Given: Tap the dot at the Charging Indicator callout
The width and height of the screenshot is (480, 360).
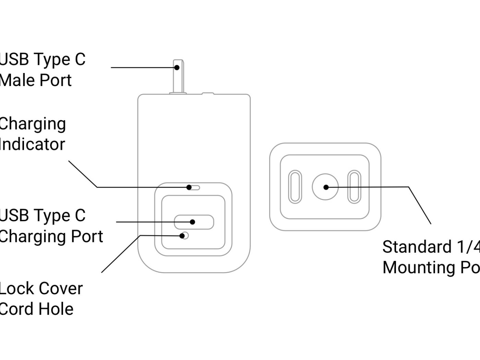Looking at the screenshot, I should (x=189, y=187).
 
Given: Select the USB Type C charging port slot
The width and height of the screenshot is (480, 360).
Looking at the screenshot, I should (x=194, y=222).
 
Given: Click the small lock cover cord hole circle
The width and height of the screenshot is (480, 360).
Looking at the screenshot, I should (x=185, y=236).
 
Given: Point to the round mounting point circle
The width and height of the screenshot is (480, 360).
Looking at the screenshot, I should (x=325, y=187).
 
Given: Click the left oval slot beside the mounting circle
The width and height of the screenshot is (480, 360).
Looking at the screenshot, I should (x=296, y=187).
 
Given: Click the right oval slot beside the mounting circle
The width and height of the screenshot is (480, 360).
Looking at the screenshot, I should (x=355, y=187).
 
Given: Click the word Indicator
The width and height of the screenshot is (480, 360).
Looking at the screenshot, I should (x=32, y=144).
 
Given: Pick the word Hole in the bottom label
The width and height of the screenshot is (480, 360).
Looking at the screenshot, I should (x=56, y=309).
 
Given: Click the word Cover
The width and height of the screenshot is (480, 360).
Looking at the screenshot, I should (x=63, y=289).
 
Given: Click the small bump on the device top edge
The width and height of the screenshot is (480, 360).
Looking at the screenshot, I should (x=207, y=93).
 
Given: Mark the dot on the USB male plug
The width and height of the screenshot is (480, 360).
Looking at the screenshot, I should (x=177, y=68).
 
